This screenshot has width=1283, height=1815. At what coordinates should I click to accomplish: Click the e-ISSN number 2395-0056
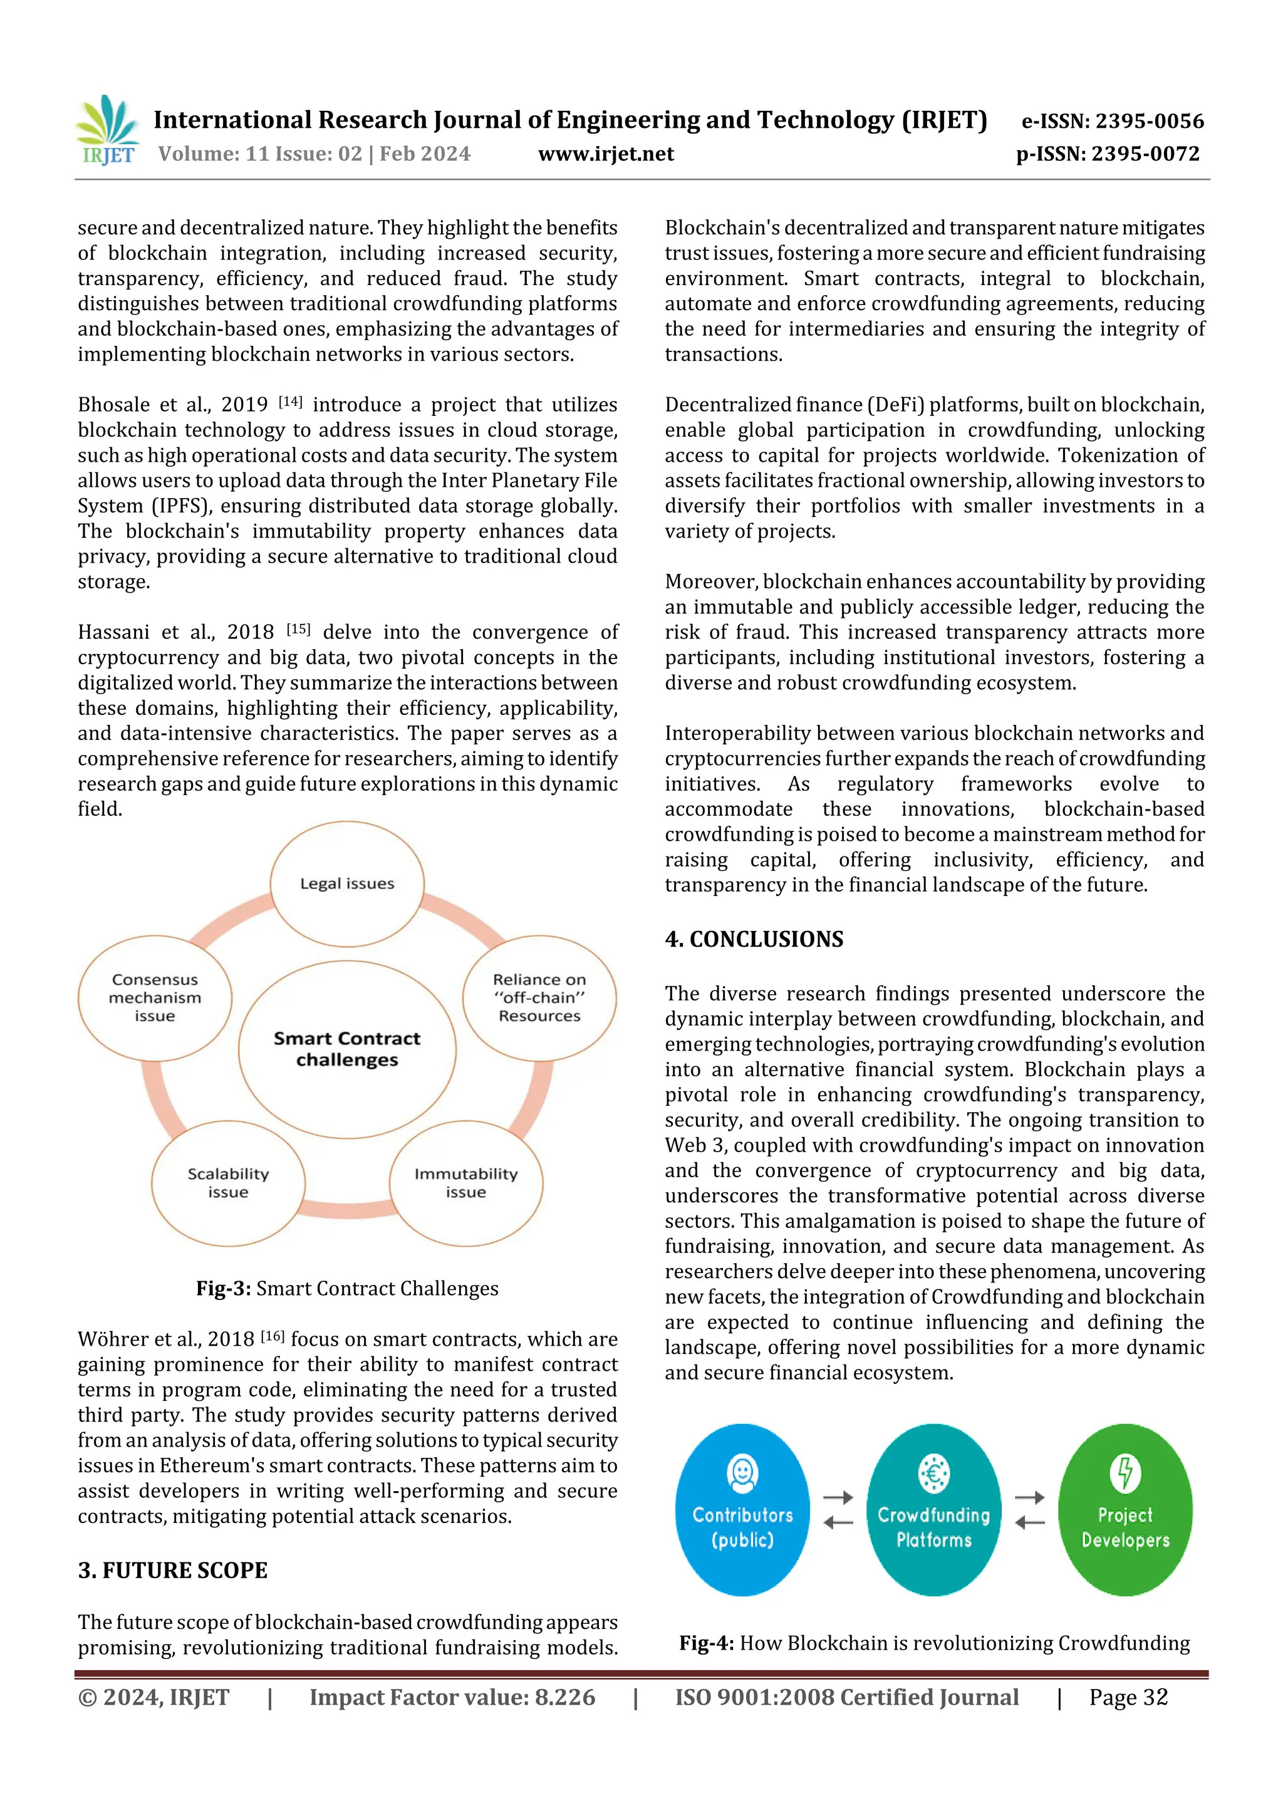(x=1112, y=121)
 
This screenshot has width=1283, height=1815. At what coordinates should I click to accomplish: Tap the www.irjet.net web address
(x=606, y=153)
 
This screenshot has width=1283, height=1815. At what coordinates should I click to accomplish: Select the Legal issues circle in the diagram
(x=347, y=884)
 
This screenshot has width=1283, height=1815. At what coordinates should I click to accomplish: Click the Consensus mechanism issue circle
(x=155, y=997)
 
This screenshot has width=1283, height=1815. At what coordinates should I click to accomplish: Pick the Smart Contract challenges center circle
(x=347, y=1049)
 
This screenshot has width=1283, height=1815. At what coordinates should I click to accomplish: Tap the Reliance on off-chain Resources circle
(x=539, y=997)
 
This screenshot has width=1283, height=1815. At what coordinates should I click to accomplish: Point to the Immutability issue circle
(x=465, y=1183)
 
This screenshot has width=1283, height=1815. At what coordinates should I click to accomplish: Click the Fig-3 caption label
(x=224, y=1289)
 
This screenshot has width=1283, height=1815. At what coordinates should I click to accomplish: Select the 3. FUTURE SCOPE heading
(x=172, y=1571)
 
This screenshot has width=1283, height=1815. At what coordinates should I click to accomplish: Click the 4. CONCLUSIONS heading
(x=754, y=939)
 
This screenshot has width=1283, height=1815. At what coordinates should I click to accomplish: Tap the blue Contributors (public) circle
(x=742, y=1510)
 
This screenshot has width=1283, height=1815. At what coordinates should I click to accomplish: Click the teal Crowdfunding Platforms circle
(x=933, y=1510)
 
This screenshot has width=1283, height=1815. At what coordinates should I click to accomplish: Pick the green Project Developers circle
(x=1125, y=1510)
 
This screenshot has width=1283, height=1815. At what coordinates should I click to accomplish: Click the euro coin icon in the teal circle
(x=933, y=1474)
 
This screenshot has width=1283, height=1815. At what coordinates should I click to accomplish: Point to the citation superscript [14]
(x=291, y=402)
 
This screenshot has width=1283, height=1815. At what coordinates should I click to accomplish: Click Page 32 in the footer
(x=1128, y=1697)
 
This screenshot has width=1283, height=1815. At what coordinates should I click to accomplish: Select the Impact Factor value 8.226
(x=452, y=1697)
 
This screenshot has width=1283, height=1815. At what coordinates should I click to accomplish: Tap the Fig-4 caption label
(x=707, y=1643)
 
